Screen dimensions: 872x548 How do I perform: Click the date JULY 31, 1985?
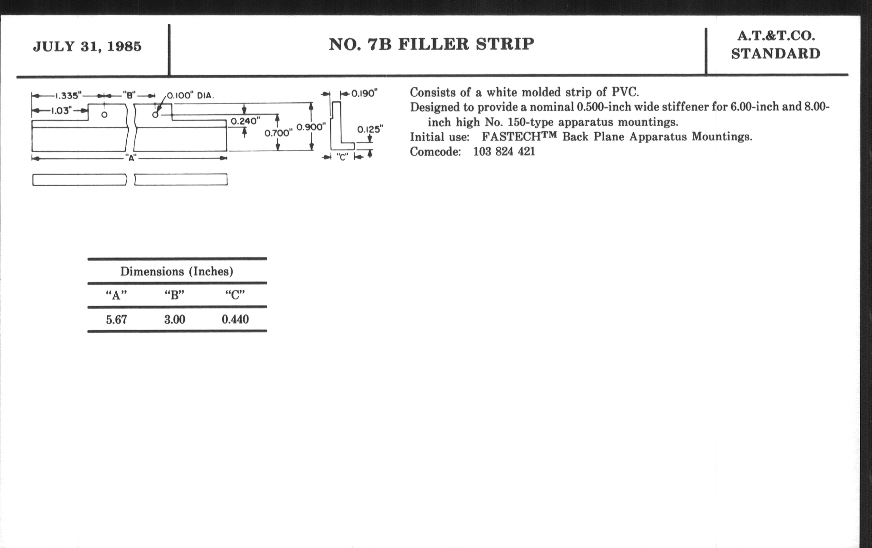click(87, 47)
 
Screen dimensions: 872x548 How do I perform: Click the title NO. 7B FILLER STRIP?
click(431, 44)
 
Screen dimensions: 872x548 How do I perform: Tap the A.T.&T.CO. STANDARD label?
click(776, 44)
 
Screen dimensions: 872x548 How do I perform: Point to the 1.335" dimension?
click(68, 96)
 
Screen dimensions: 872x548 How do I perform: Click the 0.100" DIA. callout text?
click(190, 96)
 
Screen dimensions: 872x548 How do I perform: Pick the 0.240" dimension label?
click(246, 121)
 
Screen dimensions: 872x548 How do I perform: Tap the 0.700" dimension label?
click(278, 133)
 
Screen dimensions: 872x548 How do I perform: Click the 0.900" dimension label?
click(311, 127)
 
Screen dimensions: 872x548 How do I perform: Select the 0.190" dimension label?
click(364, 94)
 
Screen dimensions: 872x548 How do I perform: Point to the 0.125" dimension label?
click(370, 129)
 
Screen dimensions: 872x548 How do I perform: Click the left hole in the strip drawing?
click(104, 115)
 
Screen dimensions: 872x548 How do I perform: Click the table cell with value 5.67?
click(116, 319)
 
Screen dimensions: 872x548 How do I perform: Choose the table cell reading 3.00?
click(175, 319)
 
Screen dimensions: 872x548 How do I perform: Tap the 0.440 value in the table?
click(235, 319)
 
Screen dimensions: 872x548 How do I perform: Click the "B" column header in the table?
click(175, 295)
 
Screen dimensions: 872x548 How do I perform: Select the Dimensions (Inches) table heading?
click(177, 271)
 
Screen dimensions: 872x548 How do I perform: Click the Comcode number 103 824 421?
click(504, 151)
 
